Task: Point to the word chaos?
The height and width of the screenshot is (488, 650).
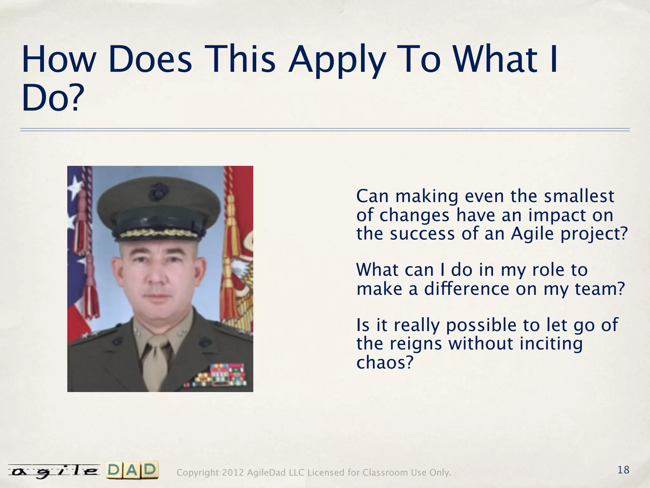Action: point(385,362)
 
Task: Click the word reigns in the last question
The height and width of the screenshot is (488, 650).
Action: point(415,343)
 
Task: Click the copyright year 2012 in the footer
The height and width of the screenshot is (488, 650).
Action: point(233,473)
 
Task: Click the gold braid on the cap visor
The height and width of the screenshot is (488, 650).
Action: point(159,234)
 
